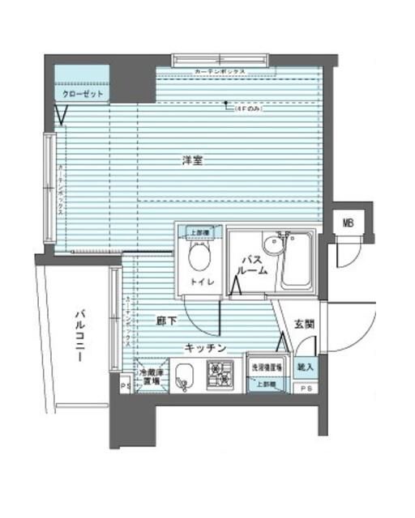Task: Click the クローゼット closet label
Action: (x=82, y=94)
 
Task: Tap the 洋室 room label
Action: (x=191, y=161)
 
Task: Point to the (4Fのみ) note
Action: (x=246, y=109)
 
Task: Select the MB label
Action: (x=348, y=223)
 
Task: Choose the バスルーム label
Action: (x=253, y=265)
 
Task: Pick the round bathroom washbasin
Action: (x=272, y=244)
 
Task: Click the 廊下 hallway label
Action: (x=166, y=321)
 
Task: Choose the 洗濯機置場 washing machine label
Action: (x=265, y=367)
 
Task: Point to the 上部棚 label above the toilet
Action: (x=199, y=232)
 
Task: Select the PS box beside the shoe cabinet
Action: (x=305, y=389)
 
